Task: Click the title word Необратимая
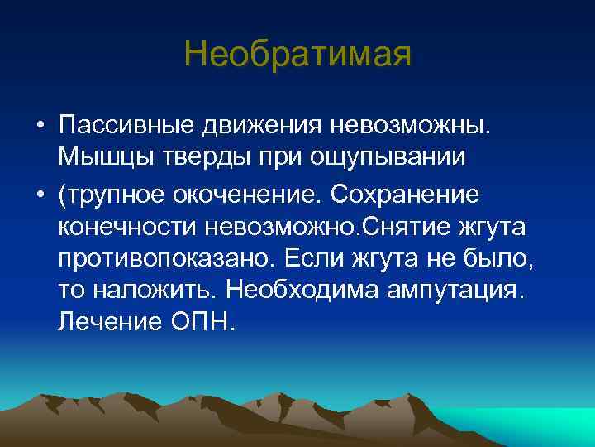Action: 297,56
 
